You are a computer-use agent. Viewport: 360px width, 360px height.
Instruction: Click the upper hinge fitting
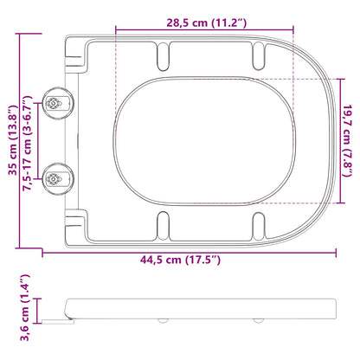(56, 103)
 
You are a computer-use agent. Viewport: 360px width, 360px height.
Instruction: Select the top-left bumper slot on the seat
(161, 56)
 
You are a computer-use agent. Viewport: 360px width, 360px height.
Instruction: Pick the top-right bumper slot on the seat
(257, 56)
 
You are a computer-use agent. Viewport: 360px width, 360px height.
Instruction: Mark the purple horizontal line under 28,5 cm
(203, 31)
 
